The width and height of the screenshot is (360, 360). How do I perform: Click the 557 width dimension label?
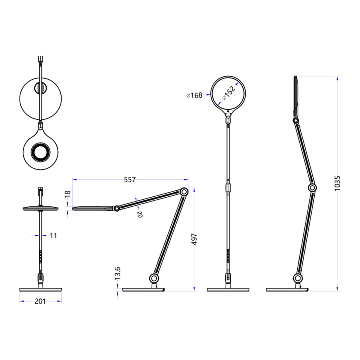[x=129, y=180]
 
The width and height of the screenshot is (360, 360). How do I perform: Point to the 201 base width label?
[x=40, y=301]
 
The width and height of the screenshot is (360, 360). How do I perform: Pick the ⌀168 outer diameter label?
[x=194, y=95]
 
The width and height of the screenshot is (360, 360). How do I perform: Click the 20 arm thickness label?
[x=140, y=214]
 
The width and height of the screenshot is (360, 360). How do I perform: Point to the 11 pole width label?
[x=53, y=236]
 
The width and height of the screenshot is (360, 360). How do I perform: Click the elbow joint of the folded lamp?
[x=184, y=192]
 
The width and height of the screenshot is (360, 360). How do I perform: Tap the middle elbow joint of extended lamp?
[x=312, y=188]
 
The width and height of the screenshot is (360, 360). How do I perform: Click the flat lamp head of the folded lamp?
[x=92, y=208]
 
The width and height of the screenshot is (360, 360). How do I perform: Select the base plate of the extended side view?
[x=287, y=289]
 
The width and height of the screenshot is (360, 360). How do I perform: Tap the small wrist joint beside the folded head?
[x=116, y=208]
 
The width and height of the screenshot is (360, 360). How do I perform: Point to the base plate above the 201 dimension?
[x=40, y=289]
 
